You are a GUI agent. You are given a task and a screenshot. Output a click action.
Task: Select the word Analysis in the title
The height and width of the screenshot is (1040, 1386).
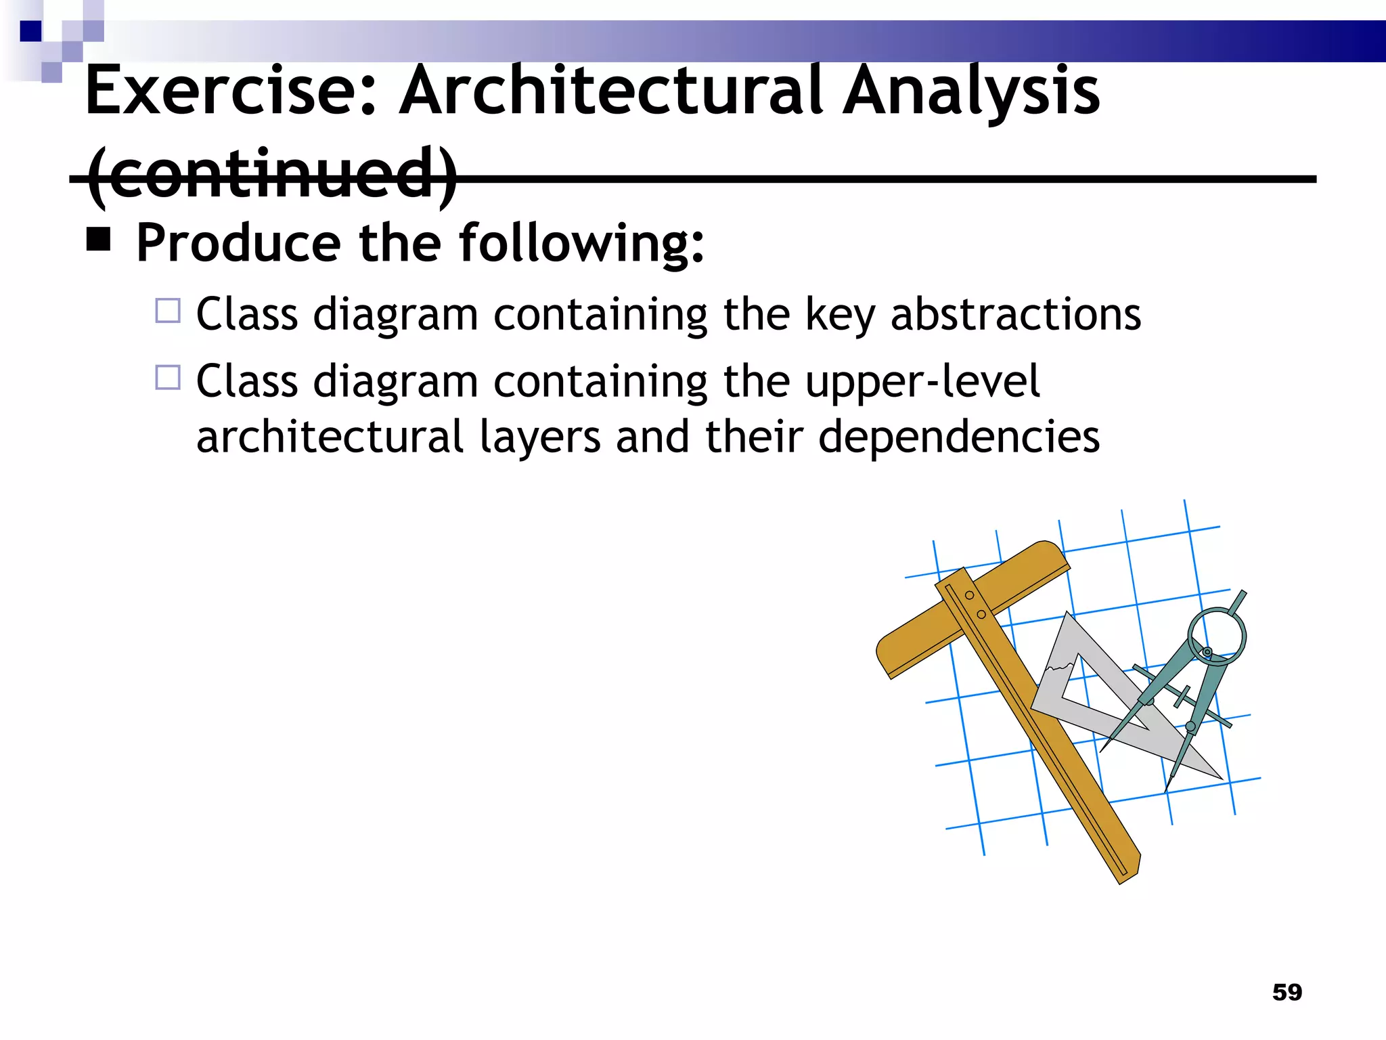[x=971, y=92]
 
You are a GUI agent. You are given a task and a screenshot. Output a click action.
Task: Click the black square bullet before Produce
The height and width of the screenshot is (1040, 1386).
[x=99, y=239]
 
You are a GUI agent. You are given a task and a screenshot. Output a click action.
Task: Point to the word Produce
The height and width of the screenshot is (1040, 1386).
[x=238, y=242]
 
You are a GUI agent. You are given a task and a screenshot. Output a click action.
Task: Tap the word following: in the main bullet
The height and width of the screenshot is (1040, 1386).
[x=581, y=242]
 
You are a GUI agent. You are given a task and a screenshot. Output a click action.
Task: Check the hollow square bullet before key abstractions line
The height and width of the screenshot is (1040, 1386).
[x=168, y=311]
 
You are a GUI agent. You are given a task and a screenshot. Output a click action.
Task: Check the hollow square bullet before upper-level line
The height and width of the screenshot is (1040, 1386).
[x=168, y=377]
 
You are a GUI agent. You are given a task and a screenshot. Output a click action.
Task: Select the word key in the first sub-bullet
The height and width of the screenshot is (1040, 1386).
[x=839, y=316]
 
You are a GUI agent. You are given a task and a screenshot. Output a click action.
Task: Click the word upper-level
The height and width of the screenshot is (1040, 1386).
[x=922, y=382]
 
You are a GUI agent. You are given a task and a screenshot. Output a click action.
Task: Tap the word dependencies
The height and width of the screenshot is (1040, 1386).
[x=958, y=437]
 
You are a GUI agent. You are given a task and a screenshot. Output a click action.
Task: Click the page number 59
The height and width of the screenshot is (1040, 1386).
[x=1287, y=992]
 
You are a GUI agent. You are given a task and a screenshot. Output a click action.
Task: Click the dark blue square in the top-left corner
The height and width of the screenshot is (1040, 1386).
[x=31, y=31]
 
